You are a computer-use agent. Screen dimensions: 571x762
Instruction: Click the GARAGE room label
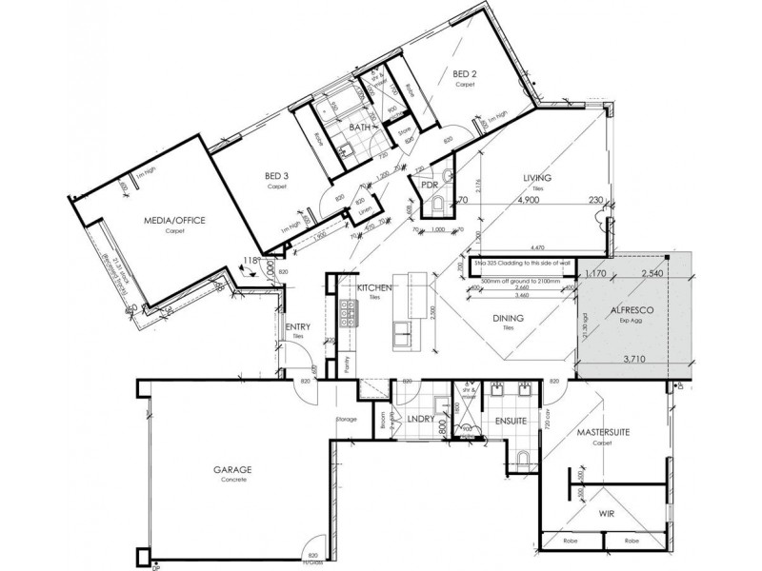(231, 470)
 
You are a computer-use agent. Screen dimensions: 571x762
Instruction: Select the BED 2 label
(464, 73)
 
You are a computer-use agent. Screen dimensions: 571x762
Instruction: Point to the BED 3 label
(277, 176)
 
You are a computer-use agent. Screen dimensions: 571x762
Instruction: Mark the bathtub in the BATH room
(337, 113)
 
